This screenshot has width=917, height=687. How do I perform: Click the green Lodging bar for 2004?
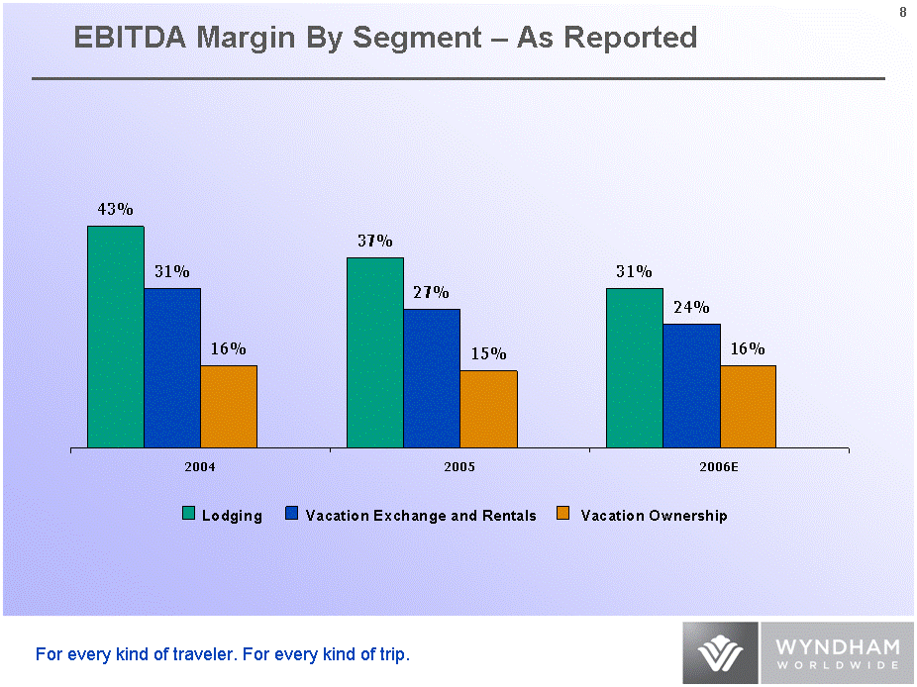click(x=116, y=337)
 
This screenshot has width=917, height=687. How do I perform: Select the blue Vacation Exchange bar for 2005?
click(x=432, y=378)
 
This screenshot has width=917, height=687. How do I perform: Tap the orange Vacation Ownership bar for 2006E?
click(x=748, y=406)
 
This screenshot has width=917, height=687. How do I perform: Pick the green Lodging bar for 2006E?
click(x=635, y=367)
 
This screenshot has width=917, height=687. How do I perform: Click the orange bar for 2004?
click(x=229, y=406)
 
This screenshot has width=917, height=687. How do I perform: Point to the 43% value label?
click(x=115, y=210)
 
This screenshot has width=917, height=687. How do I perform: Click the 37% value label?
click(x=375, y=242)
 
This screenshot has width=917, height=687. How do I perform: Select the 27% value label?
click(x=432, y=293)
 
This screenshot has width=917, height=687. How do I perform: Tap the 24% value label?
click(x=691, y=308)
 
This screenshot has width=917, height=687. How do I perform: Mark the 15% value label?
click(x=488, y=354)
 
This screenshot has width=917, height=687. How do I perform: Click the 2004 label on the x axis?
click(x=201, y=466)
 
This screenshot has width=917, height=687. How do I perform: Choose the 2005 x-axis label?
click(x=460, y=466)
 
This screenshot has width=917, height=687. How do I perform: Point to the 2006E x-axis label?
click(x=719, y=466)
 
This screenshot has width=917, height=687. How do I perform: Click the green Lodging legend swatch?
click(x=189, y=514)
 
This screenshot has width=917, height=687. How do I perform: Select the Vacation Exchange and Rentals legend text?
click(x=421, y=516)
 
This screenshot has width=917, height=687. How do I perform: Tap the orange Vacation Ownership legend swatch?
click(x=563, y=514)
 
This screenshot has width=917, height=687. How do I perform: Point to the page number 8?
click(x=902, y=12)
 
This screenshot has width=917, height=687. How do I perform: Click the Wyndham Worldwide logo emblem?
click(x=720, y=653)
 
